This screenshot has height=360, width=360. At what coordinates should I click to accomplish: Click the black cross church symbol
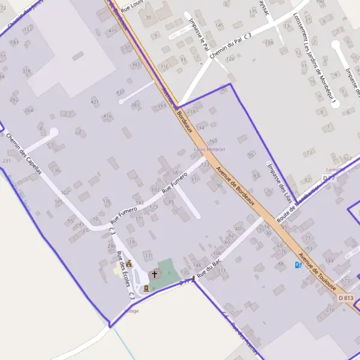pyautogui.click(x=155, y=274)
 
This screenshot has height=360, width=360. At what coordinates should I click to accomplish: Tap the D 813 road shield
pyautogui.click(x=346, y=298)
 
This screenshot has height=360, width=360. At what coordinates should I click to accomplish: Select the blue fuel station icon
pyautogui.click(x=298, y=265)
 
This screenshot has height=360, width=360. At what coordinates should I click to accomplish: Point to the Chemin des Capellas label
pyautogui.click(x=23, y=153)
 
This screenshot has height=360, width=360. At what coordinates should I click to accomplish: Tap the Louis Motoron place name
pyautogui.click(x=209, y=149)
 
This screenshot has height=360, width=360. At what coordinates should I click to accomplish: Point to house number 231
pyautogui.click(x=7, y=161)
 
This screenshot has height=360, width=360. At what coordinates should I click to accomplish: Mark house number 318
pyautogui.click(x=26, y=71)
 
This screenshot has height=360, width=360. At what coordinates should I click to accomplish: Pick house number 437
pyautogui.click(x=121, y=92)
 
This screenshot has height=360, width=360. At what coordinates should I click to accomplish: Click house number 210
pyautogui.click(x=329, y=310)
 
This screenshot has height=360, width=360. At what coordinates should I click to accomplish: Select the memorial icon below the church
pyautogui.click(x=146, y=288)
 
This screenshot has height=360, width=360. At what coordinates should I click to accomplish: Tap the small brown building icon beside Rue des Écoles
pyautogui.click(x=128, y=263)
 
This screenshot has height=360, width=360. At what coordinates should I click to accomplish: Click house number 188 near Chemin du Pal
pyautogui.click(x=269, y=43)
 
